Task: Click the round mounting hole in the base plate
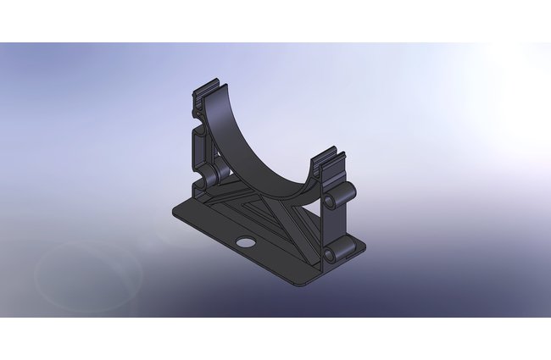click(x=245, y=242)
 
